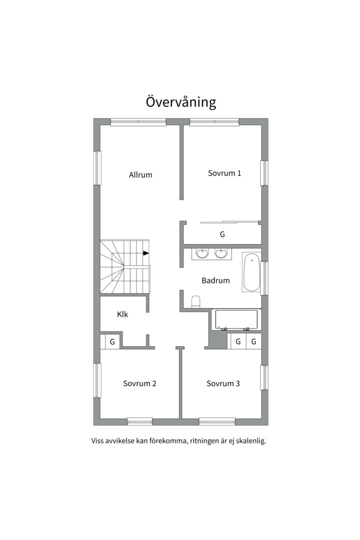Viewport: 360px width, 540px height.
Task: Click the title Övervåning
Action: tap(181, 102)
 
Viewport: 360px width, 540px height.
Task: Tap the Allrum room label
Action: tap(140, 174)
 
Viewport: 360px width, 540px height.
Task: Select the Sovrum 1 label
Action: tap(224, 173)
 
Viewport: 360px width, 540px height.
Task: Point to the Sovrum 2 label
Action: tap(139, 383)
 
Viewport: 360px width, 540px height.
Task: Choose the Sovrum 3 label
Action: tap(223, 383)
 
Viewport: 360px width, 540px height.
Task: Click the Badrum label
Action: tap(215, 280)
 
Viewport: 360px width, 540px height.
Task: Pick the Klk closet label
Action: tap(122, 314)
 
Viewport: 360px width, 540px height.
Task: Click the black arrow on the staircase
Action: tap(146, 253)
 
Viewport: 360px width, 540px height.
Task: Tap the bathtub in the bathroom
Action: tap(251, 272)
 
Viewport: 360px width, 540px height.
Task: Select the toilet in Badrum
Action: tap(195, 301)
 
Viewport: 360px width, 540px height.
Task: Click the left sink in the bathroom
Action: tap(202, 253)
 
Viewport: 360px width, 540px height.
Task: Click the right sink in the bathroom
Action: tap(221, 253)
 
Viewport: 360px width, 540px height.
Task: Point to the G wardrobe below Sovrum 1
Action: tap(222, 234)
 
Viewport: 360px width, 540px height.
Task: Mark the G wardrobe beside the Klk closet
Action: tap(112, 342)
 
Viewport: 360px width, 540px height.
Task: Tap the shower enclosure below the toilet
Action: tap(236, 319)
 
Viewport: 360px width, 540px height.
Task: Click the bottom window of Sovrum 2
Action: tap(139, 421)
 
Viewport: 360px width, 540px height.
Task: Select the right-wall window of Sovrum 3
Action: tap(264, 377)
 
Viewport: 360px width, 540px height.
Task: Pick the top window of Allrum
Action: tap(138, 122)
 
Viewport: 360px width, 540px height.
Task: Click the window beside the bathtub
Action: tap(264, 278)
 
